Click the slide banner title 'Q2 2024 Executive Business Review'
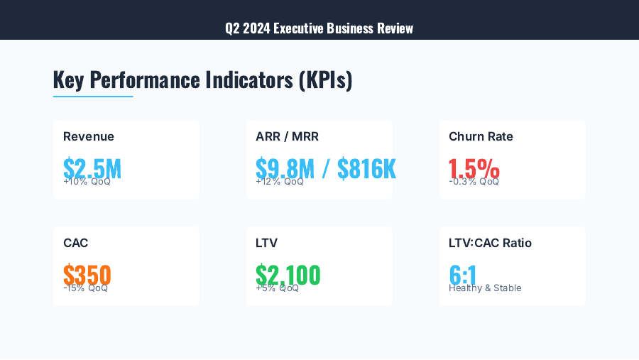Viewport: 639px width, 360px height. coord(319,28)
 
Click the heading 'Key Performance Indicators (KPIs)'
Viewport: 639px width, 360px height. coord(202,80)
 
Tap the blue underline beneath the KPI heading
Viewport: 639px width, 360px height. coord(93,96)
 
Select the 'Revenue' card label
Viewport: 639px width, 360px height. coord(89,137)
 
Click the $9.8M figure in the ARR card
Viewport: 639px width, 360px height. coord(285,168)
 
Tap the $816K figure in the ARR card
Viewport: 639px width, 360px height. coord(366,168)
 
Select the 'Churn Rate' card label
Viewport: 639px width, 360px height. coord(481,137)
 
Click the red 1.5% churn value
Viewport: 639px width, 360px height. coord(474,168)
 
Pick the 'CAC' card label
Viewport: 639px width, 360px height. coord(75,244)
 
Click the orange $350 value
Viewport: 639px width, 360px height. coord(87,274)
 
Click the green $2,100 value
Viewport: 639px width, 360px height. coord(288,274)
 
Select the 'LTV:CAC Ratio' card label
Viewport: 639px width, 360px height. coord(490,244)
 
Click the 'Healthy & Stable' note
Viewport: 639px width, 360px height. coord(485,288)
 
